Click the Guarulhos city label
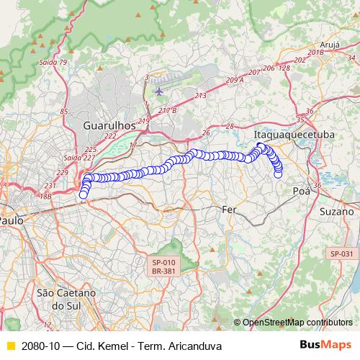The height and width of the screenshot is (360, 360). tap(109, 125)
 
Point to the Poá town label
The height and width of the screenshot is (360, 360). tap(301, 191)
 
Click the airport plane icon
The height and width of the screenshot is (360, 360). tap(158, 91)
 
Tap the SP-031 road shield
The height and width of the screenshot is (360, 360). tap(341, 253)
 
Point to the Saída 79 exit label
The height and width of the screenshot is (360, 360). tap(53, 63)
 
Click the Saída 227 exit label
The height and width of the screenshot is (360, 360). tap(74, 157)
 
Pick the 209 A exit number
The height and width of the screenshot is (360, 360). tap(235, 80)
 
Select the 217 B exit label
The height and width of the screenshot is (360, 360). tap(167, 110)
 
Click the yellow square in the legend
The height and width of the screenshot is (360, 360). tap(9, 346)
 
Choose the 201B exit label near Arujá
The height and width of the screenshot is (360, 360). tap(315, 53)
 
